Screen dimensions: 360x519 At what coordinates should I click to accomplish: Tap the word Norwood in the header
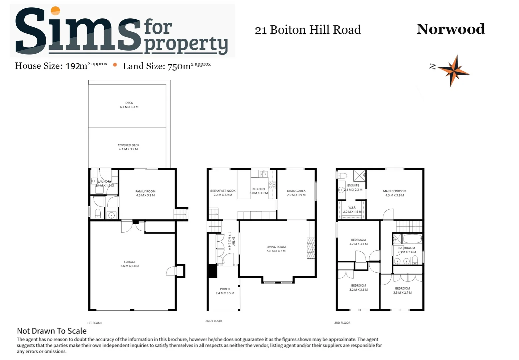pos(450,29)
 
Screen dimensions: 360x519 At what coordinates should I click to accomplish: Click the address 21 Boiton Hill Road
pos(307,30)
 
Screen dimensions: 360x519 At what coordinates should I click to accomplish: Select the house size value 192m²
pos(77,66)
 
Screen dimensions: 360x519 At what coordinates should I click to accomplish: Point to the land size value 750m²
pos(179,66)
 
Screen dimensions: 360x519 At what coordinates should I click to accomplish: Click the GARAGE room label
pos(130,262)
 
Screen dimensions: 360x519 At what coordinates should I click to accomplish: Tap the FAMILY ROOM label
pos(145,191)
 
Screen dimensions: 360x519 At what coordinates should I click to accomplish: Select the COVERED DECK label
pos(129,145)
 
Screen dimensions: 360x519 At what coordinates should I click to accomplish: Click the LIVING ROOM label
pos(276,247)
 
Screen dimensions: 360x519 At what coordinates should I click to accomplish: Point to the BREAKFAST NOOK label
pos(223,191)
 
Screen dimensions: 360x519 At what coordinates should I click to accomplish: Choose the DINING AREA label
pos(296,191)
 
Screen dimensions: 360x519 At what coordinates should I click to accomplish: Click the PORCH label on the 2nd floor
pos(225,289)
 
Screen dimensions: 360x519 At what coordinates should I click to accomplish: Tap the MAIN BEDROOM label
pos(395,191)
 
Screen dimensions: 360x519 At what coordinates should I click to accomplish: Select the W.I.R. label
pos(352,208)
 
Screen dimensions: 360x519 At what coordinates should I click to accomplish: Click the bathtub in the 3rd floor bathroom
pos(412,239)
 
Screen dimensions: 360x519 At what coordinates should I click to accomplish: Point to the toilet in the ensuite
pos(342,176)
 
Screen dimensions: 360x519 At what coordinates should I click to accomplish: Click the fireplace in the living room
pos(311,248)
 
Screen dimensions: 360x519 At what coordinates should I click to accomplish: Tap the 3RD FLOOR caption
pos(342,323)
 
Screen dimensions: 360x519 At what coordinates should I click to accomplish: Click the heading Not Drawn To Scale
pos(52,331)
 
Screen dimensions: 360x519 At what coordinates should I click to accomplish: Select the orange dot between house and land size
pos(115,65)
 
